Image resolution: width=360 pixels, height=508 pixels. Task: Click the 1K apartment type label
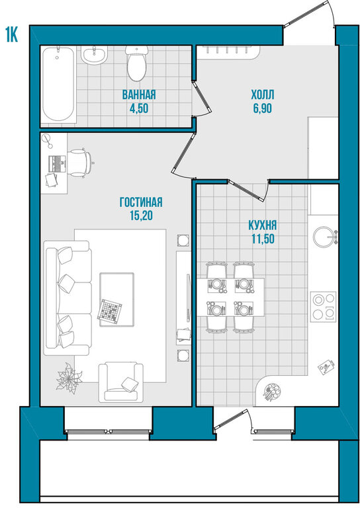pos(11,34)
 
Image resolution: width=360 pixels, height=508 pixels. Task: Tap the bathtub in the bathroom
pos(59,84)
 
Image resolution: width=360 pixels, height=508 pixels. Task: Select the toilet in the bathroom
pos(136,63)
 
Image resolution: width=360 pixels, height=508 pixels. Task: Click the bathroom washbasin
pos(94,55)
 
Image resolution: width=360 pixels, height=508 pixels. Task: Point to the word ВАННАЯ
pos(139,95)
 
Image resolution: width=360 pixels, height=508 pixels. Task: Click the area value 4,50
pos(139,108)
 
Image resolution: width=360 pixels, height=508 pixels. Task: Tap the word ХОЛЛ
pos(263,95)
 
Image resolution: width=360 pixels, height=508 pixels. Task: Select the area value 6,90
pos(263,108)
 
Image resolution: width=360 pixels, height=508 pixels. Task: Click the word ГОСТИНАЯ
pos(141,202)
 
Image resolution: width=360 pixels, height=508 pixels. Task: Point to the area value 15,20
pos(141,216)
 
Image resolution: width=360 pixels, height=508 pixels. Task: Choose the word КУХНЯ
pos(263,225)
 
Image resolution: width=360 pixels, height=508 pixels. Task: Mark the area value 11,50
pos(263,238)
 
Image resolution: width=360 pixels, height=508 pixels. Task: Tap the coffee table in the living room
pos(116,300)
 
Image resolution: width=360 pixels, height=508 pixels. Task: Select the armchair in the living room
pos(121,382)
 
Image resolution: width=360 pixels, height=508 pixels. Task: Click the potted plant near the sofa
pos(69,378)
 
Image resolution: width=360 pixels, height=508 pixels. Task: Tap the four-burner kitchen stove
pos(323,306)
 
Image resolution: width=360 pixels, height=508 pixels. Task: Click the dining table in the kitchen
pos(231,297)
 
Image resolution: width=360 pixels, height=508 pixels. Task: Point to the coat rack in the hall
pos(228,52)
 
